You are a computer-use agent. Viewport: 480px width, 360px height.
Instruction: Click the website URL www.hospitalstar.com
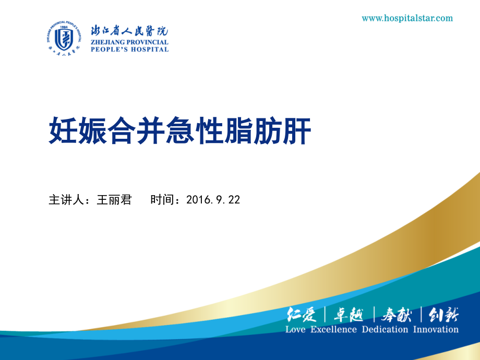407,18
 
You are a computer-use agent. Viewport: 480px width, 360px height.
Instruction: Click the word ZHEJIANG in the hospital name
110,42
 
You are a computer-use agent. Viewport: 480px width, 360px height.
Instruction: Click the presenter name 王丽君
114,200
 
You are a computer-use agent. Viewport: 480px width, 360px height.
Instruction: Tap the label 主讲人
66,200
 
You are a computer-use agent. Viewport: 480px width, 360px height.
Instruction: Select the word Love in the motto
295,329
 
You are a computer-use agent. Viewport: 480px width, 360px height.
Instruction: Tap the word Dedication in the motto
385,329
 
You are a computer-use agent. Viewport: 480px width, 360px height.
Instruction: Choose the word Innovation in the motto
436,329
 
